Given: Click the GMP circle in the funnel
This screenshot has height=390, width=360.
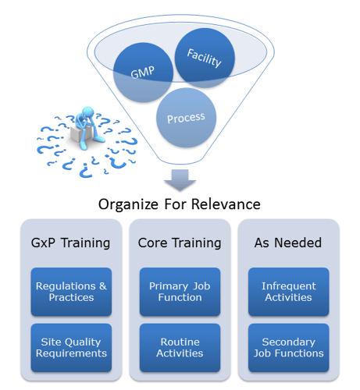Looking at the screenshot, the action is tap(143, 73).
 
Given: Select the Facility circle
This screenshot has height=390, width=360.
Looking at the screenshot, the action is tap(205, 58).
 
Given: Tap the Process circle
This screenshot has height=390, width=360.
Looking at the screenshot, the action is tap(186, 118).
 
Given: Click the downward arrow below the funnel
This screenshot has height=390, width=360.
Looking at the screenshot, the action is tap(180, 180).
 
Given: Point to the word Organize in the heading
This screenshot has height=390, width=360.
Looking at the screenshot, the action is tap(128, 204).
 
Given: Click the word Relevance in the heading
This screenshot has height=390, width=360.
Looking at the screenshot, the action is tap(226, 204).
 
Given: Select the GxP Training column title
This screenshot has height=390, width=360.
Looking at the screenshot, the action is tap(70, 243).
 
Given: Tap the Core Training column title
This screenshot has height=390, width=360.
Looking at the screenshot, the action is tap(180, 243).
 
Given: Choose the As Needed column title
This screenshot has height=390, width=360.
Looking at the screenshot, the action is tap(288, 243).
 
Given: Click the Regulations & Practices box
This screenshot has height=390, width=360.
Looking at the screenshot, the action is tap(71, 292).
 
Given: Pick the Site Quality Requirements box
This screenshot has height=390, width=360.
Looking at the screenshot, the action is tap(71, 348).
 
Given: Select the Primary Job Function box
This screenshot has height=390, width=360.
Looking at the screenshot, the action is tap(180, 292).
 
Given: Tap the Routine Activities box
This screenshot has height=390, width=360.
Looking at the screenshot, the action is tap(180, 348).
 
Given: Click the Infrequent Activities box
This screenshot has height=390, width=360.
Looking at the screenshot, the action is tap(289, 292).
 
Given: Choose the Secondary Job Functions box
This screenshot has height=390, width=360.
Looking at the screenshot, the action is tap(289, 348).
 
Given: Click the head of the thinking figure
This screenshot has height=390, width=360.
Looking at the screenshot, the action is tap(87, 112).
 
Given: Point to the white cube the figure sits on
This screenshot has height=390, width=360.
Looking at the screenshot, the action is tap(80, 133).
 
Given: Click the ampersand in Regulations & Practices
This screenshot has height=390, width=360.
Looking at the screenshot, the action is tap(103, 286).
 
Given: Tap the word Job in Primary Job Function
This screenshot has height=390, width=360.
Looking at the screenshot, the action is tap(201, 286).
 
